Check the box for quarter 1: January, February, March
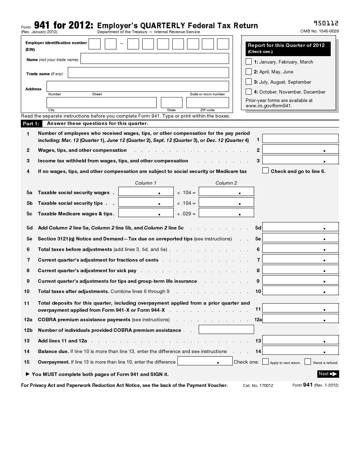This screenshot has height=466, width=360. [249, 62]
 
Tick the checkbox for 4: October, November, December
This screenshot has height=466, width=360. [249, 92]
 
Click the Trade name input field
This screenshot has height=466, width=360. [148, 73]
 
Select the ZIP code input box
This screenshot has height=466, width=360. [208, 102]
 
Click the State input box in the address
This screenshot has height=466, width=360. [172, 102]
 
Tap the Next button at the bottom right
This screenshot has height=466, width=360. [328, 374]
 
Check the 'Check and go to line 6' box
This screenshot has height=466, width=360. [265, 171]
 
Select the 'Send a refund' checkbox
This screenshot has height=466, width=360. [308, 362]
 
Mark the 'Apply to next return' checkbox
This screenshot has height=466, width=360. [265, 362]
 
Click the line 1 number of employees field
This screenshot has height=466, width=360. [300, 139]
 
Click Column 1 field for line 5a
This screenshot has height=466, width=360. [146, 192]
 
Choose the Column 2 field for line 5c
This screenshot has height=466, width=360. [226, 213]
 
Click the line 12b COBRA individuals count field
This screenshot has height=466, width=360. [226, 329]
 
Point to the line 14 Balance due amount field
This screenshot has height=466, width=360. [300, 351]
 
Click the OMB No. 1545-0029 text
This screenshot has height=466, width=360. [319, 31]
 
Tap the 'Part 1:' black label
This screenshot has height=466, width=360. [31, 124]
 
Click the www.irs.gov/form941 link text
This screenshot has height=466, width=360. [269, 106]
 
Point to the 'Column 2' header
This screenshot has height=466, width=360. [226, 183]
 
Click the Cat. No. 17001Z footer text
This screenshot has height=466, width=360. [258, 386]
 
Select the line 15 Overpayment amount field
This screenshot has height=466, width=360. [205, 361]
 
